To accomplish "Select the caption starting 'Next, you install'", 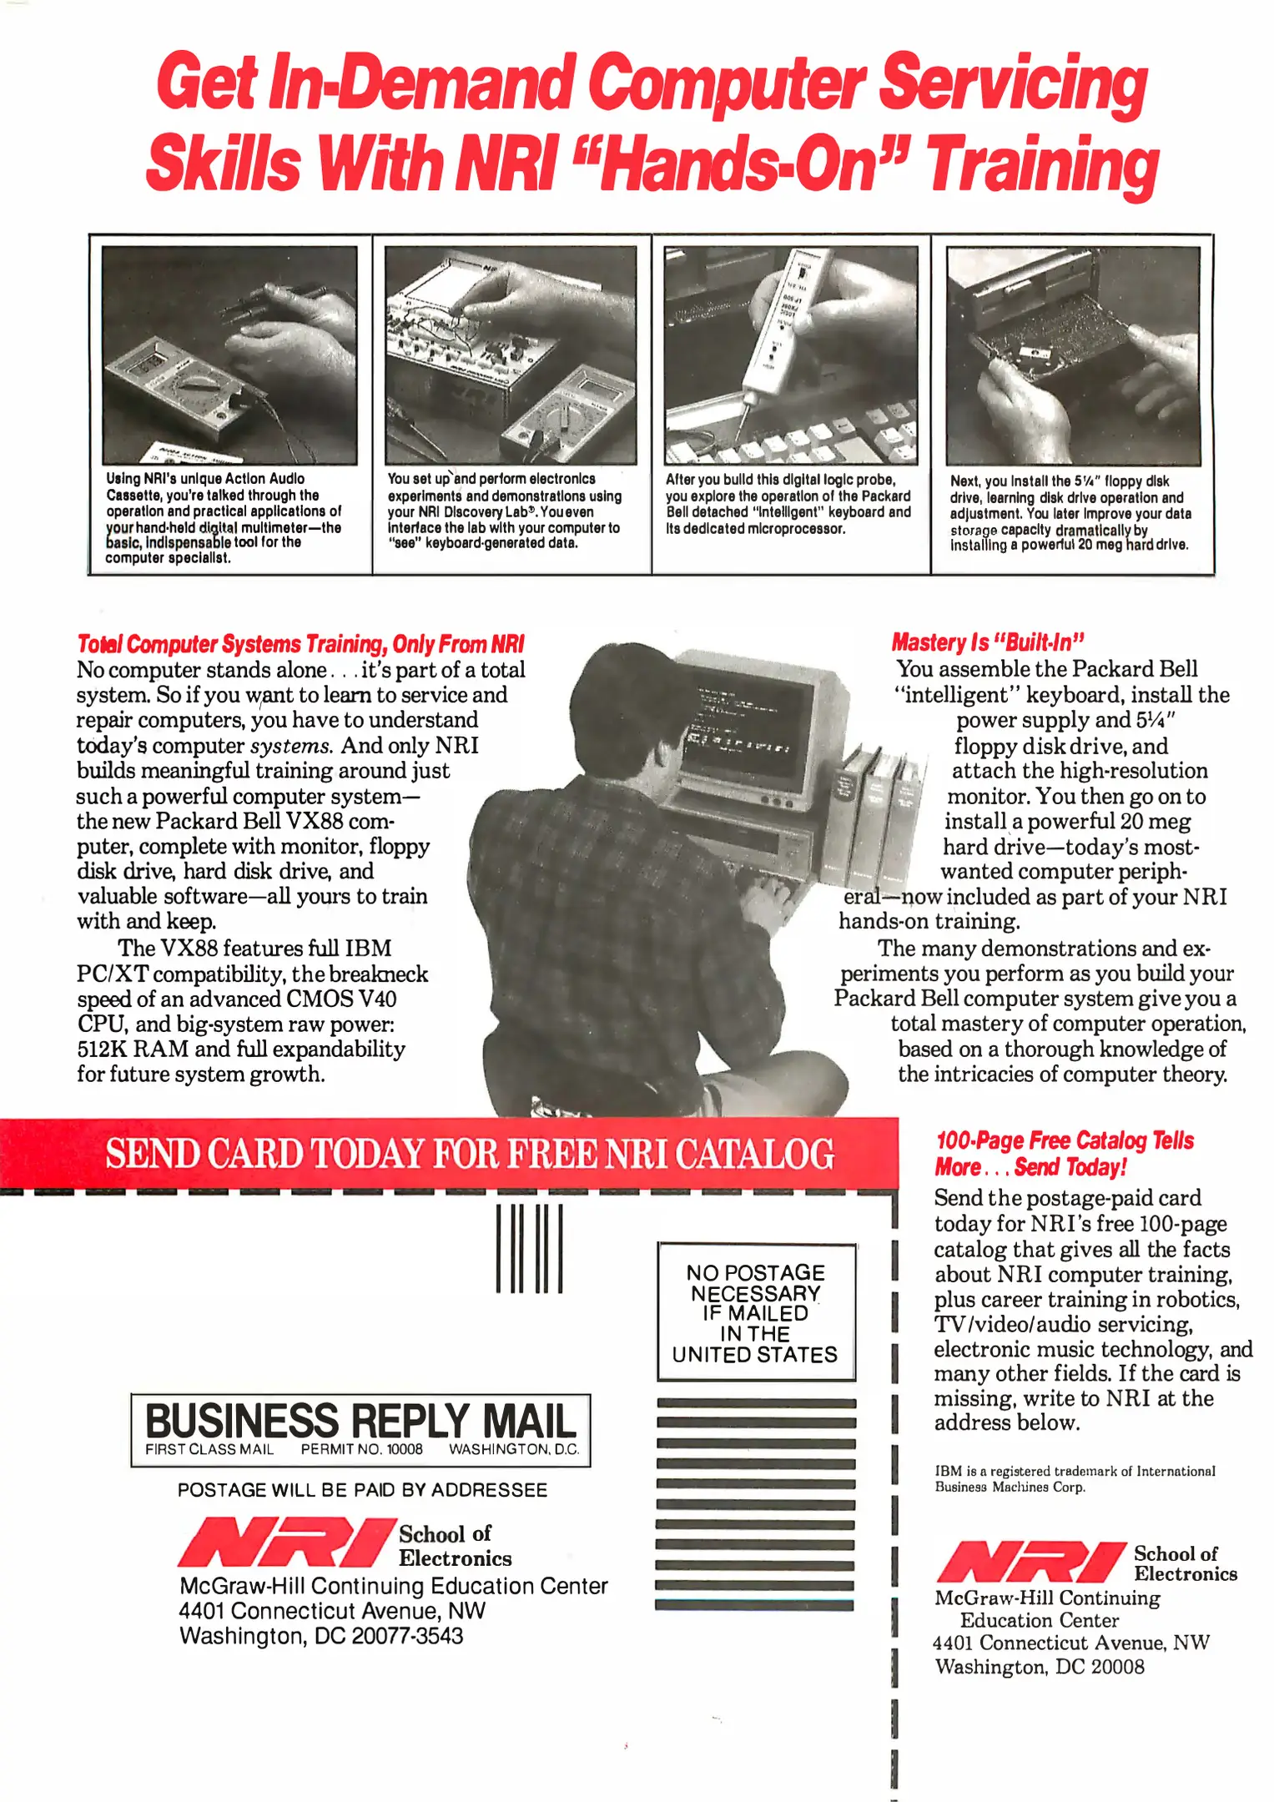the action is click(x=1071, y=513).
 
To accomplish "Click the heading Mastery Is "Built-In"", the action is click(x=988, y=642).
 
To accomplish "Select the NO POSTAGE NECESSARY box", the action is click(x=756, y=1311).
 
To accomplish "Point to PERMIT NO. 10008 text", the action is click(x=362, y=1449).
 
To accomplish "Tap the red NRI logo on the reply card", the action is click(x=286, y=1543).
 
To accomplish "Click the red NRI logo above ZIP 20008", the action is click(x=1031, y=1563).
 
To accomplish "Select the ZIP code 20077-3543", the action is click(x=407, y=1636).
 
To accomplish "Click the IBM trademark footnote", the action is click(x=1075, y=1479).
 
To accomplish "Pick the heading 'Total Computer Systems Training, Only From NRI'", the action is click(x=300, y=644).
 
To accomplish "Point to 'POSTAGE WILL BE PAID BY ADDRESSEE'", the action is click(x=362, y=1490).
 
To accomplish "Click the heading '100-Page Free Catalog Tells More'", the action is click(x=1065, y=1154).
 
